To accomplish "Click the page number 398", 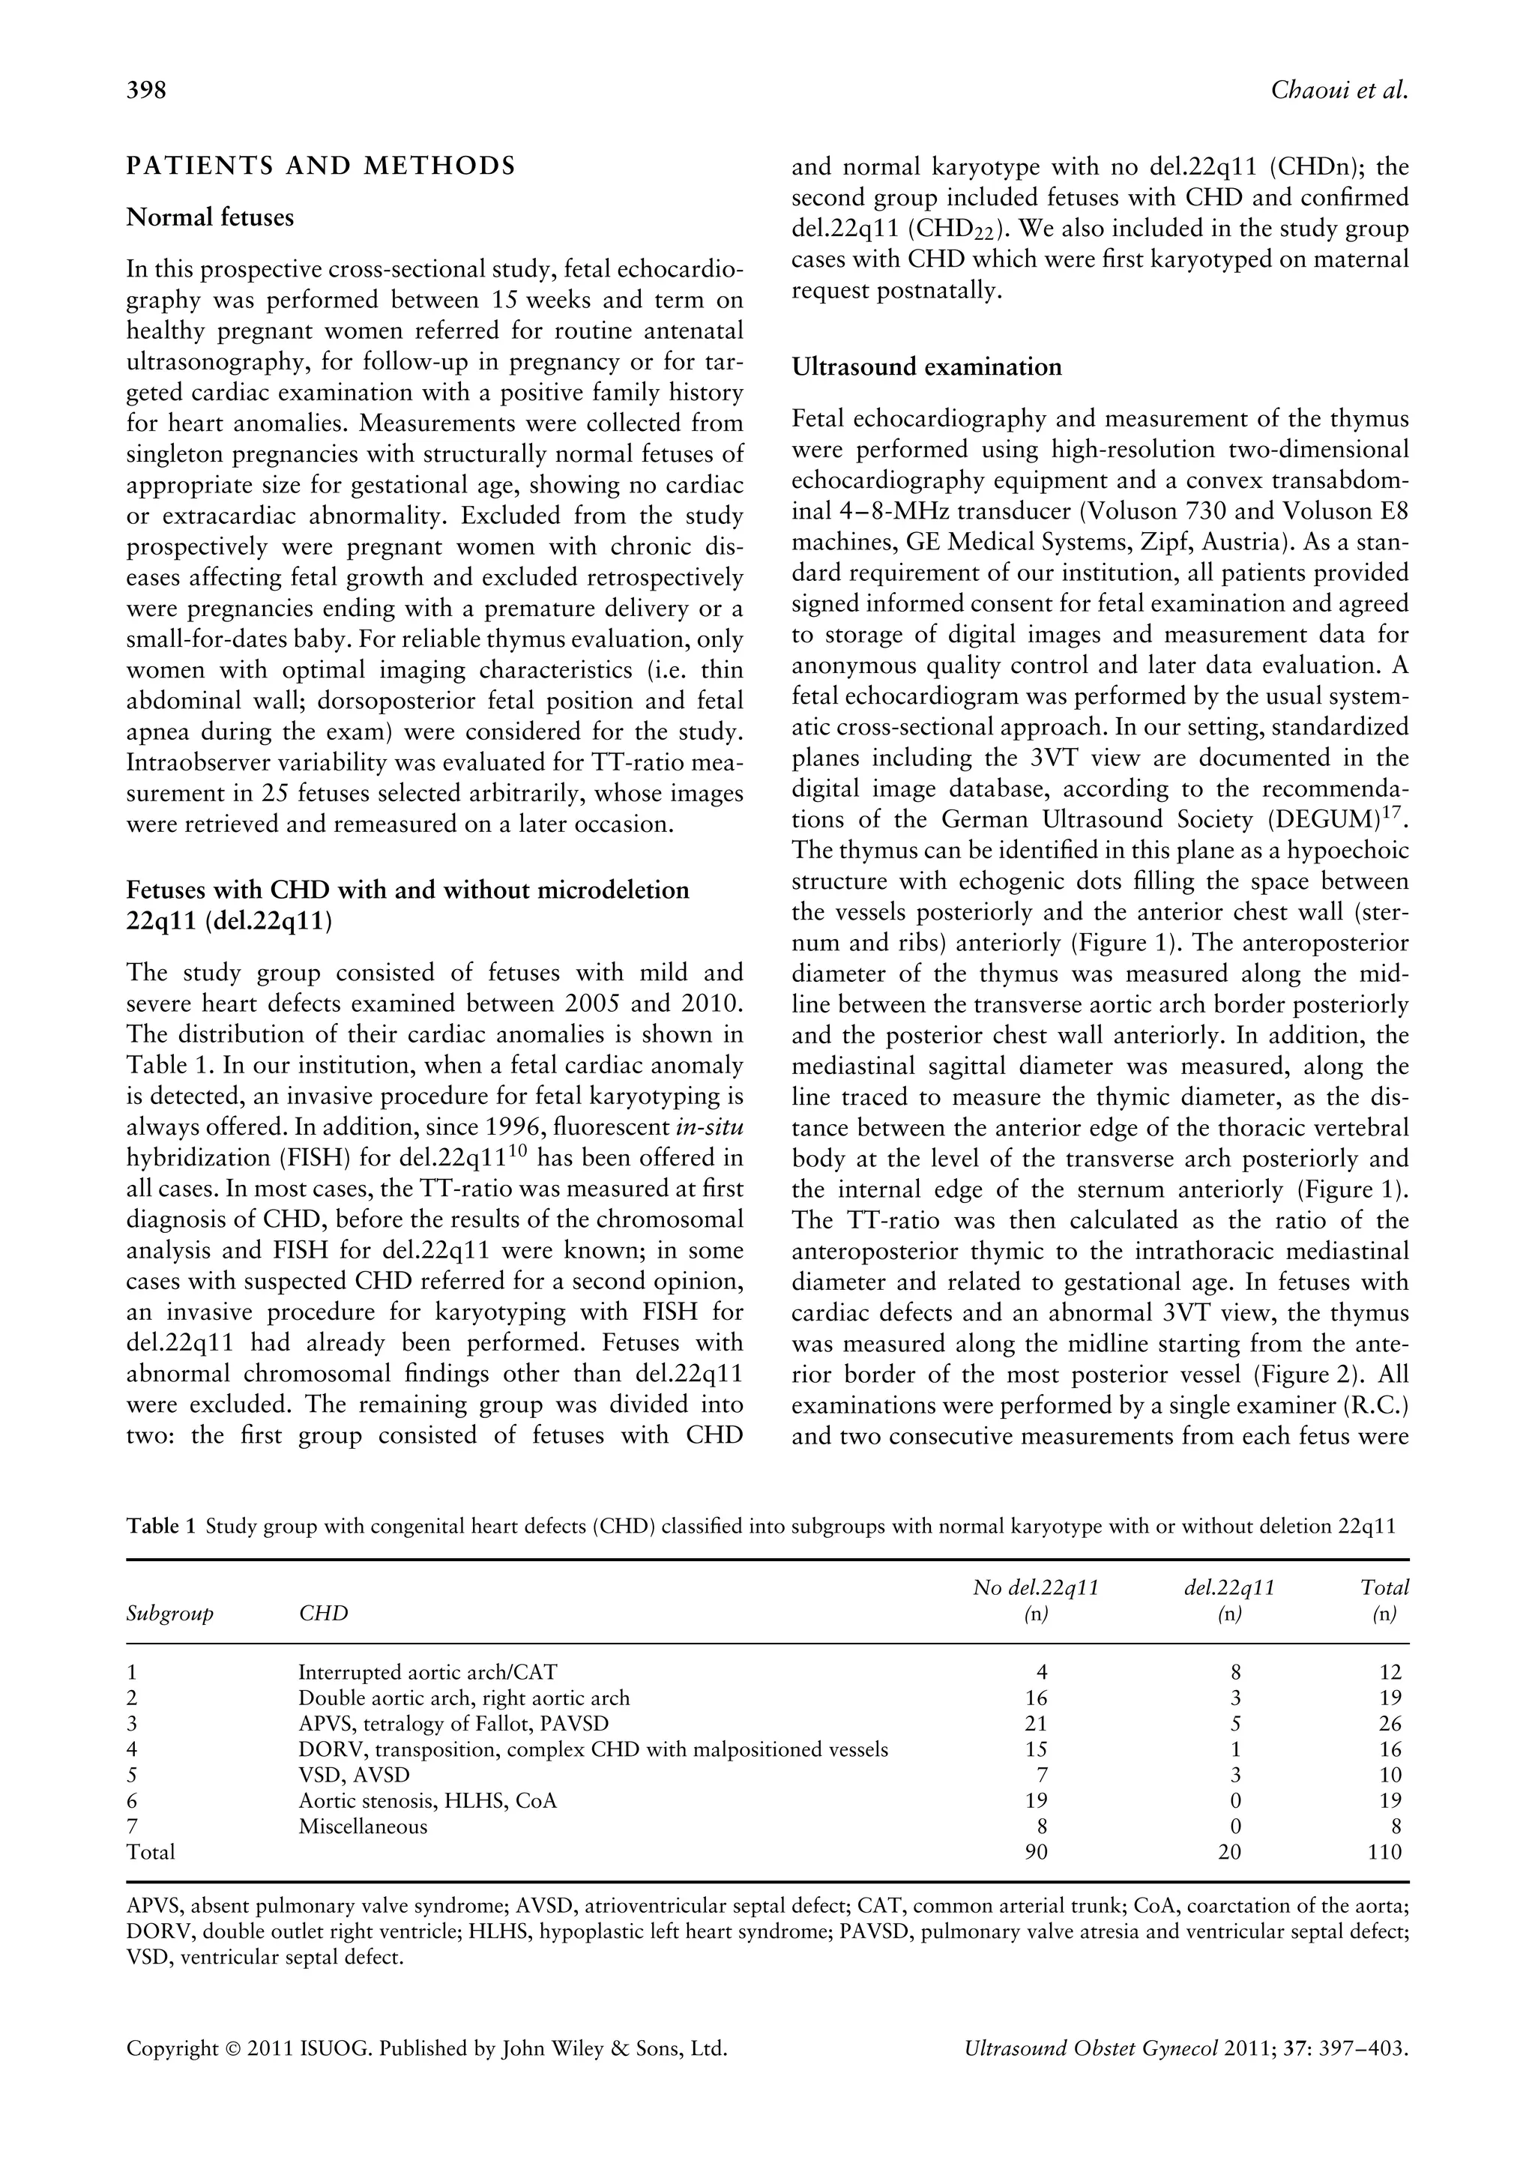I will (147, 90).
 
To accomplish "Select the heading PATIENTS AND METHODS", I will (322, 166).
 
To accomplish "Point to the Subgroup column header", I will (170, 1613).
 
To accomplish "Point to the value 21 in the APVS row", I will (1036, 1724).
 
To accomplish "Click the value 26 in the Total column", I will (1390, 1724).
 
